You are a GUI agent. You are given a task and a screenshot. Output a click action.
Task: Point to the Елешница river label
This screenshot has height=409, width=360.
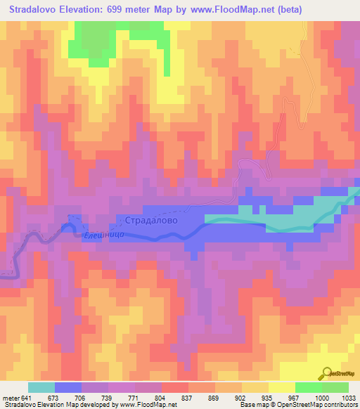click(103, 236)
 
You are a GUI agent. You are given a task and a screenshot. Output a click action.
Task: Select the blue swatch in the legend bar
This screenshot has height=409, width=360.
click(68, 387)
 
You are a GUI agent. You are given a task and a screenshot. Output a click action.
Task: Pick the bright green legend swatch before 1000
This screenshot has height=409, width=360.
click(308, 387)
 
